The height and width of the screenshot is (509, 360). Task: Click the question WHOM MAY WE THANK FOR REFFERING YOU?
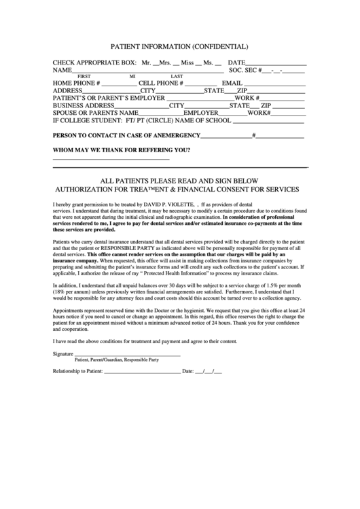(x=121, y=150)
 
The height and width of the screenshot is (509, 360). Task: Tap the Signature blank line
(x=127, y=355)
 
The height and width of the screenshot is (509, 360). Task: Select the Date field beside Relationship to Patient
(x=209, y=372)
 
